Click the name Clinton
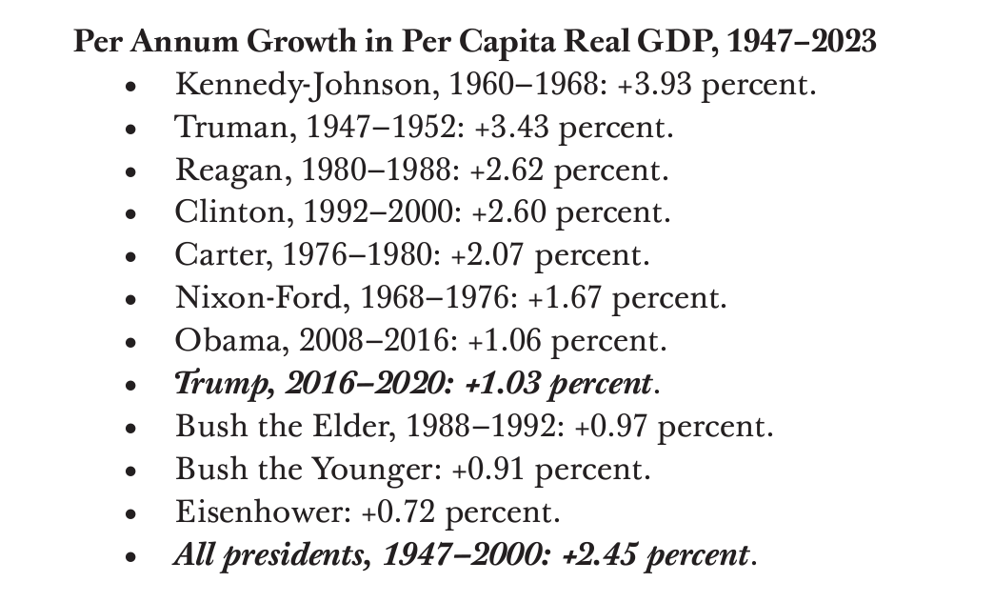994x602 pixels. [228, 212]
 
